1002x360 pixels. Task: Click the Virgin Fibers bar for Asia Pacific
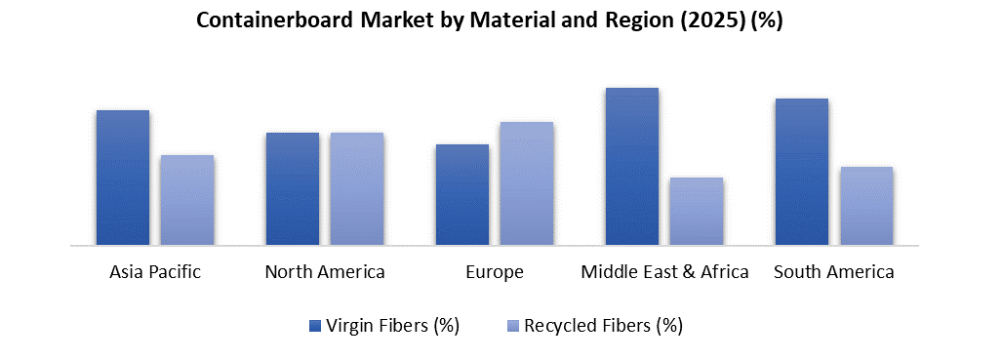tap(123, 177)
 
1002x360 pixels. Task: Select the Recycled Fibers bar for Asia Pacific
tap(187, 199)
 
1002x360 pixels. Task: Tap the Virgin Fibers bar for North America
tap(293, 188)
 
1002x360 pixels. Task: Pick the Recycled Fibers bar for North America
tap(357, 188)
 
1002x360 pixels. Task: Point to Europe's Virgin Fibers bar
tap(462, 194)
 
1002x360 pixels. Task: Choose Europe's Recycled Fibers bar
tap(527, 182)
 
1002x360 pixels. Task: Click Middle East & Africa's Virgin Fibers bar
tap(632, 166)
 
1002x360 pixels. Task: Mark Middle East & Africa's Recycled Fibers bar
tap(697, 211)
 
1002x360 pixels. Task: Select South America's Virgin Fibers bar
tap(802, 171)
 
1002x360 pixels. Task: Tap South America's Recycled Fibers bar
tap(866, 205)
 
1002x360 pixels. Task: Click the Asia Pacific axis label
tap(155, 272)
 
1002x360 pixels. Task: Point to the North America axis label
tap(325, 272)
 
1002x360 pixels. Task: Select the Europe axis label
tap(495, 272)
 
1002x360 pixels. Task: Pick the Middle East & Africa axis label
tap(664, 272)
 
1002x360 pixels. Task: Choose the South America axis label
tap(834, 272)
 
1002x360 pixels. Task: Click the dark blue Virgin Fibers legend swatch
tap(314, 325)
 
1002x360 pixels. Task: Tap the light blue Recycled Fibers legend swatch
tap(513, 325)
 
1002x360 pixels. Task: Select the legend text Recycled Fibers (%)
tap(603, 325)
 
